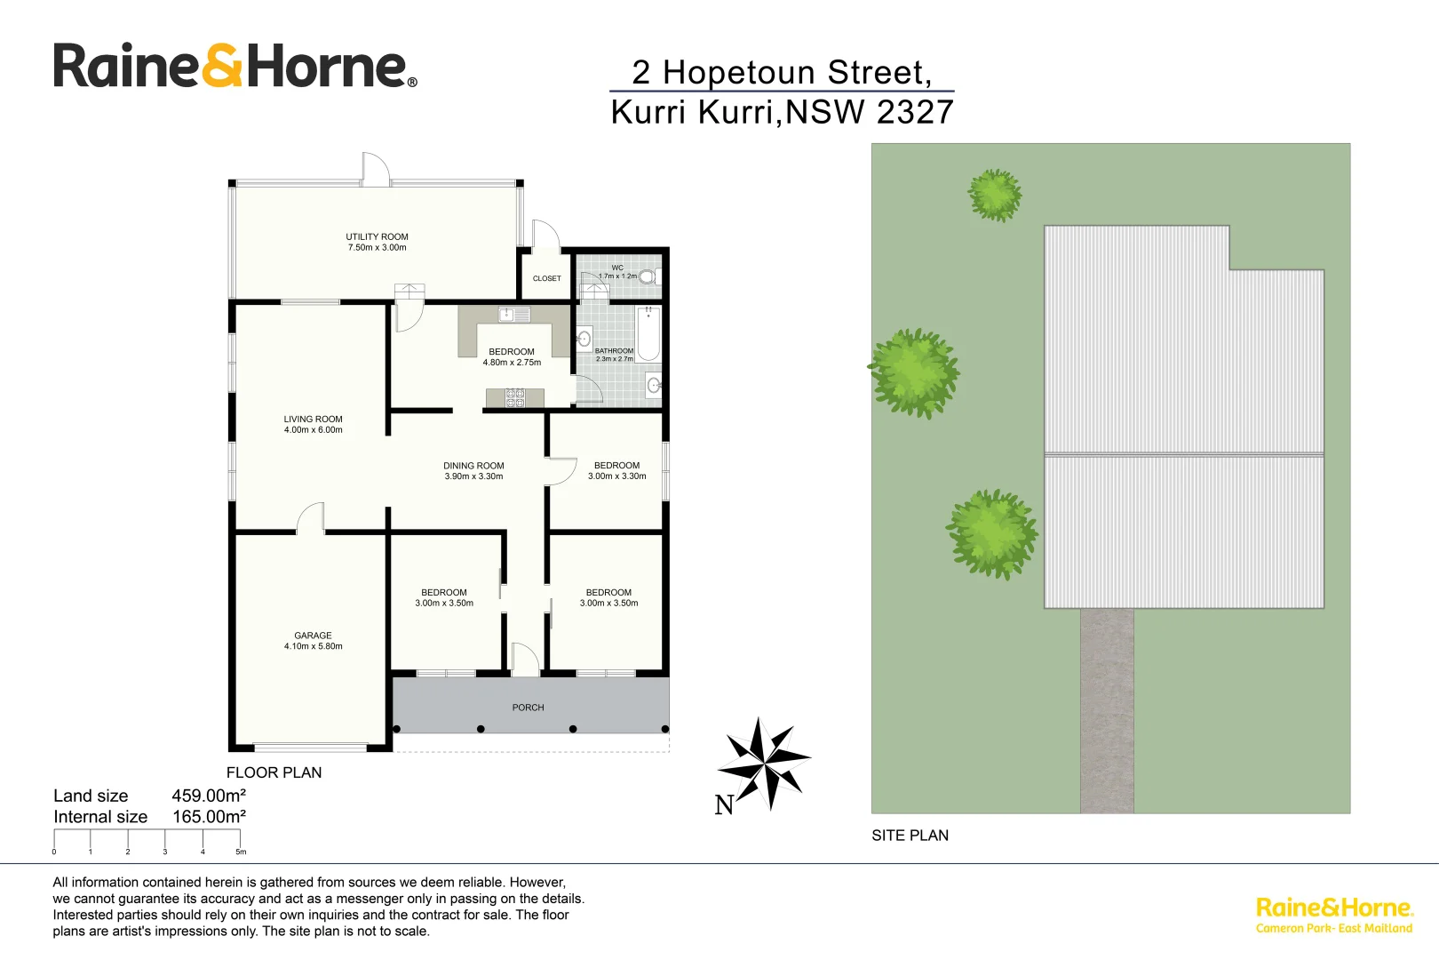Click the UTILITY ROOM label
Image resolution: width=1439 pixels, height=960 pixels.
click(x=377, y=236)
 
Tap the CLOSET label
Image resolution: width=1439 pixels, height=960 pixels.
click(x=546, y=278)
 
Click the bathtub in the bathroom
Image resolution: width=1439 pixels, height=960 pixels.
click(x=648, y=333)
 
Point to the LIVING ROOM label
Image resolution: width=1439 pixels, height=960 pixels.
click(x=313, y=419)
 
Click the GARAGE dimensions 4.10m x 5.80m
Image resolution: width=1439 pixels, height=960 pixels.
click(x=313, y=646)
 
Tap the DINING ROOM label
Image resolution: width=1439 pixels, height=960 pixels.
click(x=473, y=466)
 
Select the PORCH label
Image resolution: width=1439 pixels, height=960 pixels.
click(x=528, y=708)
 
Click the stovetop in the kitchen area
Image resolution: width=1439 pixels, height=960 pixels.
click(x=514, y=398)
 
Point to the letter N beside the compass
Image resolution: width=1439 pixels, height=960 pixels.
click(x=724, y=804)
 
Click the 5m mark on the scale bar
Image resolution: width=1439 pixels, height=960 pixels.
click(x=240, y=851)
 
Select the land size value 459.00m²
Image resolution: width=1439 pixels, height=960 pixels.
click(x=209, y=796)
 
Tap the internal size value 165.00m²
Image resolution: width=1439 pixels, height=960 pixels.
click(x=209, y=817)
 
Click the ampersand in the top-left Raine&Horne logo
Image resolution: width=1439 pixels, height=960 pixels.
click(x=222, y=67)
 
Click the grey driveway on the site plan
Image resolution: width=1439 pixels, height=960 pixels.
click(x=1107, y=711)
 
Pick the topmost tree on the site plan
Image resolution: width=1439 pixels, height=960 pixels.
click(x=995, y=195)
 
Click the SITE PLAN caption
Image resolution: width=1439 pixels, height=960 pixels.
click(x=910, y=836)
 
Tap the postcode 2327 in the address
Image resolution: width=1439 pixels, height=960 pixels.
click(x=915, y=112)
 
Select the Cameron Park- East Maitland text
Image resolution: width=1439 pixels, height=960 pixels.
click(x=1333, y=929)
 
